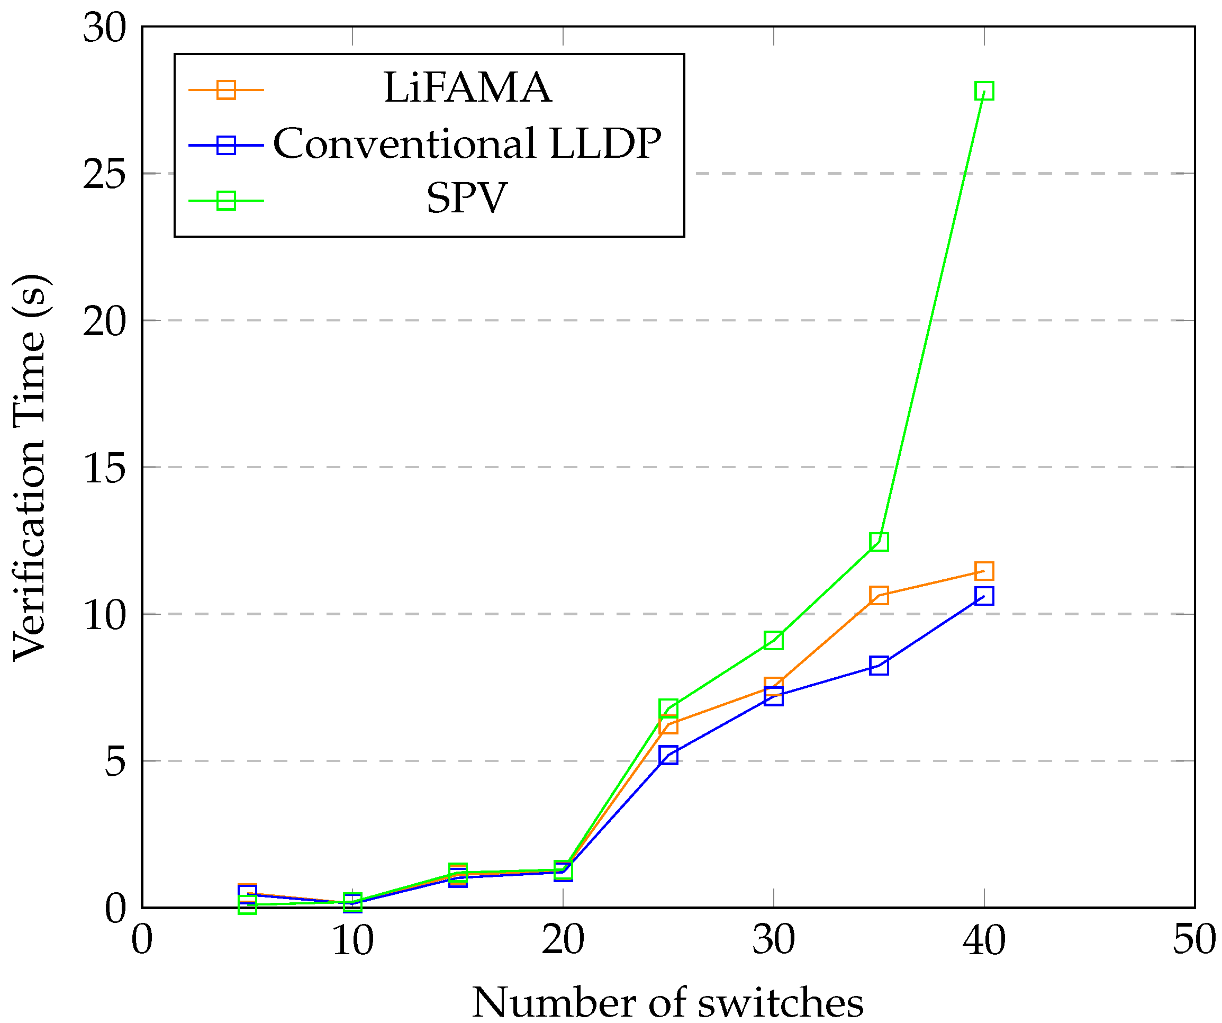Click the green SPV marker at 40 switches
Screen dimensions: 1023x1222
[x=984, y=91]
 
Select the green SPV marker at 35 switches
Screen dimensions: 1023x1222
[x=879, y=542]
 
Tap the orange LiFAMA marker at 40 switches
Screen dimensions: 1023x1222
[x=984, y=571]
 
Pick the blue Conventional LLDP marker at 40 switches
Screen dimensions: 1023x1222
[x=984, y=596]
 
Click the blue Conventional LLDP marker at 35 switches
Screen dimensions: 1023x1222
[x=879, y=666]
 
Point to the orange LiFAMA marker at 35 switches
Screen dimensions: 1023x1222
[x=879, y=596]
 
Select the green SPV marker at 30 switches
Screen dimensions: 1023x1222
[x=773, y=641]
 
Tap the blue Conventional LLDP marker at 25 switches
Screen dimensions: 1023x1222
[x=668, y=756]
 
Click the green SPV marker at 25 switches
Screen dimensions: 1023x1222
[x=668, y=708]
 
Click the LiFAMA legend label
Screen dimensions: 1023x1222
[x=467, y=88]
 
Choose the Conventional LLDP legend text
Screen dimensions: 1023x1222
[x=467, y=143]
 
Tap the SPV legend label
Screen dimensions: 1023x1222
[x=467, y=198]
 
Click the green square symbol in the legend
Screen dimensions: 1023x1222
[x=226, y=201]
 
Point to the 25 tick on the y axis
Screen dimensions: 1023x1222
[x=105, y=174]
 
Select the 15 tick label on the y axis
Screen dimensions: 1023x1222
[x=105, y=468]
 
